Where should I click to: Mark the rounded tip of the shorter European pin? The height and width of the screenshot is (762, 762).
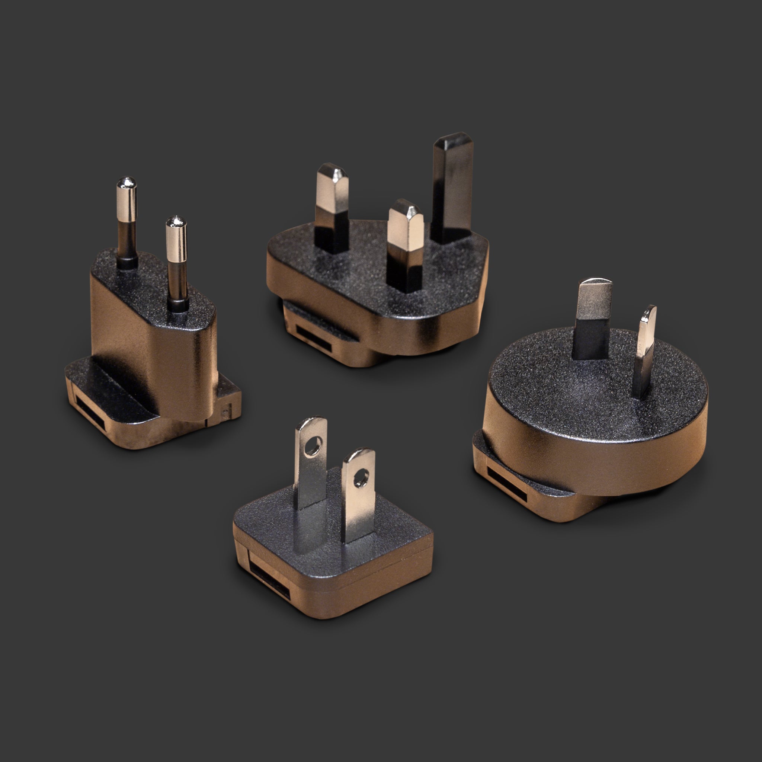coord(176,221)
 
